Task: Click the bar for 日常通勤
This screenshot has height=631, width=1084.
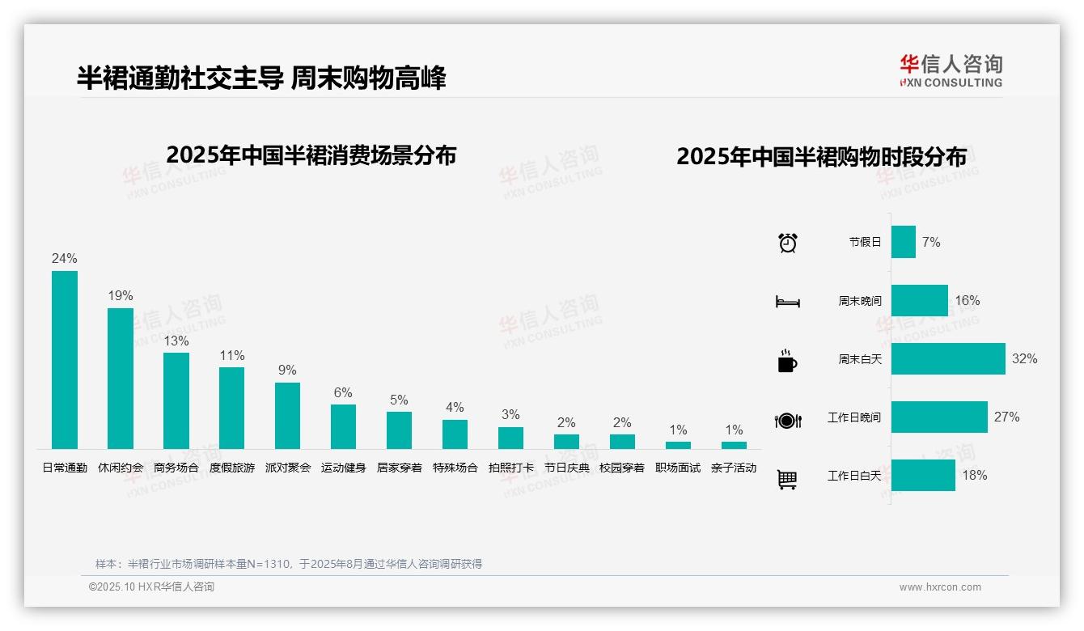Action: [65, 359]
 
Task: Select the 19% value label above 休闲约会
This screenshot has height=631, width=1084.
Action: [121, 296]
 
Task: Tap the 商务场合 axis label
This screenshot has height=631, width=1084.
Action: [176, 468]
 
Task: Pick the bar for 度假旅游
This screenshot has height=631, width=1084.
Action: [231, 408]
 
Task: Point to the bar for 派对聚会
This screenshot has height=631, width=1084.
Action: [287, 416]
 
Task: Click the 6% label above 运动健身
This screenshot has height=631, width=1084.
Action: [343, 392]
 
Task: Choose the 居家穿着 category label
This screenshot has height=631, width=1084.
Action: [399, 468]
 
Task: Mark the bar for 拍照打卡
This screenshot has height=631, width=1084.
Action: [510, 438]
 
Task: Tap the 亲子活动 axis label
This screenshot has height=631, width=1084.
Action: [734, 468]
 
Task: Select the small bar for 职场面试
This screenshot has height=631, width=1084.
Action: [678, 445]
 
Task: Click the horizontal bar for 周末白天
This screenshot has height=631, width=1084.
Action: [948, 358]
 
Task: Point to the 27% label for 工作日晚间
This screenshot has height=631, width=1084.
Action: [1007, 417]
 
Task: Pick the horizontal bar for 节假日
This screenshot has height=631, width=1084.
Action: [904, 242]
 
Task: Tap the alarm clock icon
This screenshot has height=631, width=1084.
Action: [788, 243]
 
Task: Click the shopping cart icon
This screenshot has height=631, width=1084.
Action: [787, 479]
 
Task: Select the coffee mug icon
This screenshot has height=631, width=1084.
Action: [787, 361]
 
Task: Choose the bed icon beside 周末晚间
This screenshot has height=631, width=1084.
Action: [787, 302]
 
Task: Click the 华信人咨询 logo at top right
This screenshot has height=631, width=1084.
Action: [951, 70]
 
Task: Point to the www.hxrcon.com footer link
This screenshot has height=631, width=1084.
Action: [940, 587]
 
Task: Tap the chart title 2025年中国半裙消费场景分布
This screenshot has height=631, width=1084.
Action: [311, 155]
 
